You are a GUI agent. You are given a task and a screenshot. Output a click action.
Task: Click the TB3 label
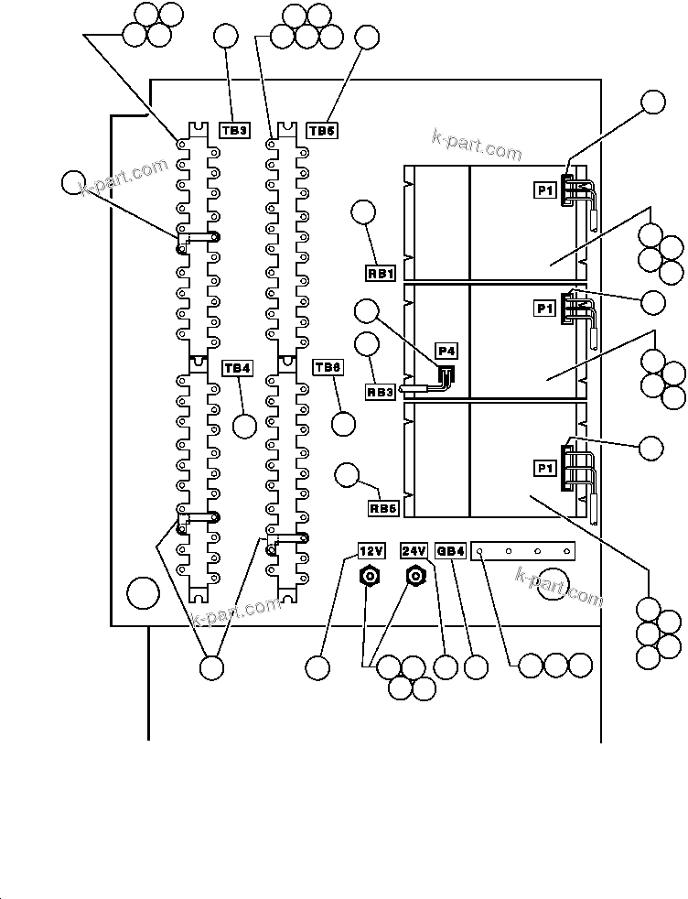tap(234, 131)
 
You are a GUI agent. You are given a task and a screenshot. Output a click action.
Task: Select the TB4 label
tap(237, 368)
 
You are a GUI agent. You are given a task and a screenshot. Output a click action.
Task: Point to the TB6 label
tap(328, 367)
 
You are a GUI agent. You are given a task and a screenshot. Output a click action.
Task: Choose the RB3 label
tap(381, 392)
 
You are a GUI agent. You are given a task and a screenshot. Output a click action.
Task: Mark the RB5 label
tap(382, 508)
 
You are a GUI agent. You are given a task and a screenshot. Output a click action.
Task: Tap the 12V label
tap(370, 551)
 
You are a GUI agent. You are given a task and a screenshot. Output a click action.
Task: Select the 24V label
tap(414, 551)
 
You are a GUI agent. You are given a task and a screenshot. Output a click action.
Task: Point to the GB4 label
tap(452, 551)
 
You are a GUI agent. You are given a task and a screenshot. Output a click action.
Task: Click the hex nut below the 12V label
tap(369, 577)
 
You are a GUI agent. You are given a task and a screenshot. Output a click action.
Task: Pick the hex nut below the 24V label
tap(416, 577)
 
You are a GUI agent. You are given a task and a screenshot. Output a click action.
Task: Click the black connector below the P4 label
tap(446, 375)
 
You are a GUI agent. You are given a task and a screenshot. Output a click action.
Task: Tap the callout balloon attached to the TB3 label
tap(225, 38)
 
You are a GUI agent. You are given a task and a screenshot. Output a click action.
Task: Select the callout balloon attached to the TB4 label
tap(244, 426)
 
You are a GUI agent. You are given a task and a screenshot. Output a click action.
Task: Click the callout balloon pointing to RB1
tap(363, 212)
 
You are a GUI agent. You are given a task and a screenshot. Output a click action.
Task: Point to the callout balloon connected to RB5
tap(347, 475)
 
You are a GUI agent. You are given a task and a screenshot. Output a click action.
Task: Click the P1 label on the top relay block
tap(545, 190)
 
